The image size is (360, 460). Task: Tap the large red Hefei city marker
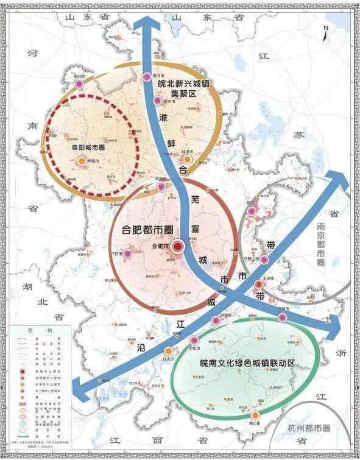point(178,247)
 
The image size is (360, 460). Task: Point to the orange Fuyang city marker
point(81,161)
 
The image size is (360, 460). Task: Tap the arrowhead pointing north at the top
point(144,22)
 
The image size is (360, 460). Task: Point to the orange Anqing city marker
point(168,350)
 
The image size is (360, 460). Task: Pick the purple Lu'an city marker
point(129,254)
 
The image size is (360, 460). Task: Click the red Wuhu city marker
point(259,283)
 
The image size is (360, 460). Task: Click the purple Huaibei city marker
point(147,77)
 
